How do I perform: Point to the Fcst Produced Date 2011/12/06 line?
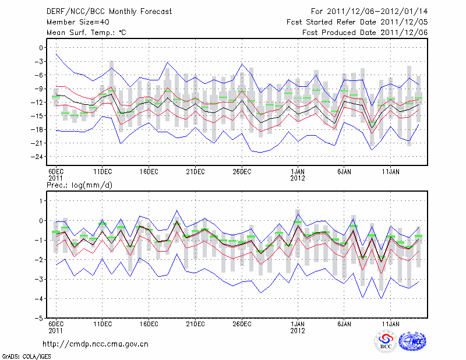click(x=365, y=32)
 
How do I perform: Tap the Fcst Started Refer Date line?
click(x=357, y=22)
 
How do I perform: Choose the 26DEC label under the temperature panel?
click(x=242, y=172)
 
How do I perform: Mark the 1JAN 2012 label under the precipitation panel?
click(x=298, y=327)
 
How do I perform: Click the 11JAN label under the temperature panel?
click(x=391, y=172)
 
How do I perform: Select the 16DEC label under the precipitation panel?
click(x=149, y=323)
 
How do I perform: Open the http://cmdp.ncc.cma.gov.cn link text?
click(x=96, y=344)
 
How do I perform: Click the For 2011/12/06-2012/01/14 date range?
click(x=370, y=11)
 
